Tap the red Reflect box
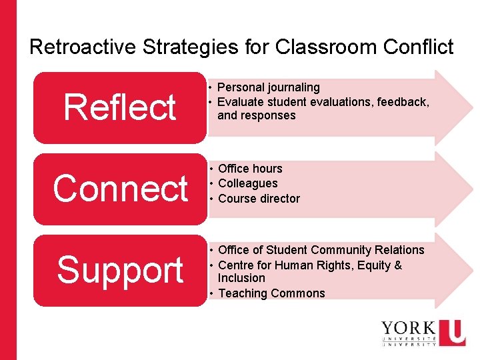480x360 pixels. click(x=120, y=107)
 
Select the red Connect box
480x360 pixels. click(x=120, y=189)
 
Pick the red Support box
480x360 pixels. click(x=120, y=270)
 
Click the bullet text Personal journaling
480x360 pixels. click(x=269, y=87)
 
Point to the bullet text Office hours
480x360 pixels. click(x=250, y=169)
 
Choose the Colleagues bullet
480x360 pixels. click(x=247, y=183)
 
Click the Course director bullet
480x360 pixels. click(x=259, y=199)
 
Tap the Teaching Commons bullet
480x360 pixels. click(x=271, y=293)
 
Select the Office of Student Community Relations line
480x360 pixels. click(x=321, y=250)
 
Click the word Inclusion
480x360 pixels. click(x=241, y=278)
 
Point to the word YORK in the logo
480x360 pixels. click(x=407, y=329)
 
